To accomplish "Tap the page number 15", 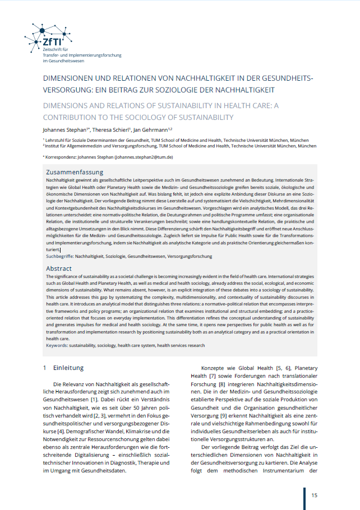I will coord(315,495).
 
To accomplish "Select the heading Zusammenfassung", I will coord(75,172).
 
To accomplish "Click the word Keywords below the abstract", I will coord(57,346).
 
